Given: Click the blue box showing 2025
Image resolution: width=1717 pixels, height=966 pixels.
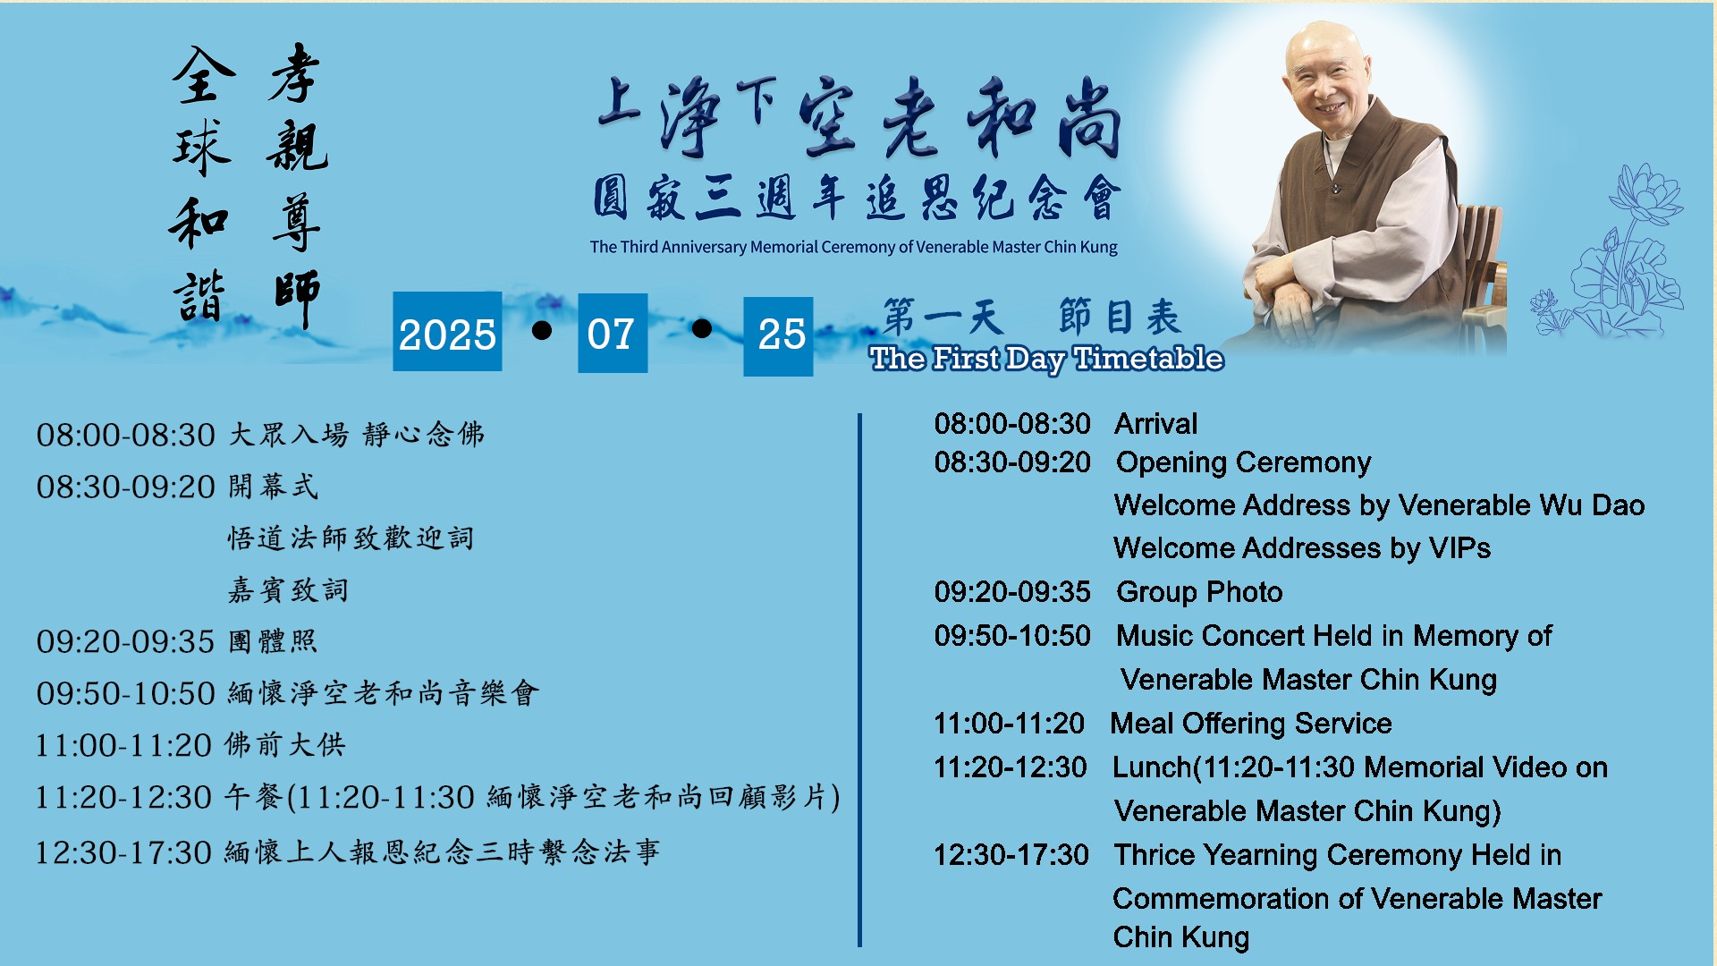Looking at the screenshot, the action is (x=447, y=332).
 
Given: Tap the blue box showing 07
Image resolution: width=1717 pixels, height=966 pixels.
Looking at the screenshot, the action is (x=613, y=333).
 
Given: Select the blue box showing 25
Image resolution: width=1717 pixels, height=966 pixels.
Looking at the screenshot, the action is (x=778, y=336).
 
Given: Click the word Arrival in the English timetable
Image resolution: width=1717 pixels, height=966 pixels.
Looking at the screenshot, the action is (x=1155, y=424).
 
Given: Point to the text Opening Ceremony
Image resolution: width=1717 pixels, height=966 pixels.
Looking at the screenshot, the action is (x=1243, y=462).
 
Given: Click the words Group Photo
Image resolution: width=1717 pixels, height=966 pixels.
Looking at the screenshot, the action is (x=1199, y=592).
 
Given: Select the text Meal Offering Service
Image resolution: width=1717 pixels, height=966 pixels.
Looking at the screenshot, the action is (x=1251, y=724).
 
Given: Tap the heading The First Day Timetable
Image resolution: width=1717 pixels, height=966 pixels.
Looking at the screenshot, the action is (x=1046, y=359).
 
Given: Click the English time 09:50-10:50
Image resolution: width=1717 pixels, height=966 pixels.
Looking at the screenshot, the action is (x=1012, y=636).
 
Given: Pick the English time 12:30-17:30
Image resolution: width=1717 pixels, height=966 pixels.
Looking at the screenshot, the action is (x=1011, y=855).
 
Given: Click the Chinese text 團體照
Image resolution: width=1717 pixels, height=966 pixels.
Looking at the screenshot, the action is (x=273, y=641).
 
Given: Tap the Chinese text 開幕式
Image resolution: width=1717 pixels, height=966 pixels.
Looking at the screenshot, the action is (x=273, y=487).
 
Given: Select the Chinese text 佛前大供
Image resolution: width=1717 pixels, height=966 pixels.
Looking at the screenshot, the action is (x=284, y=744).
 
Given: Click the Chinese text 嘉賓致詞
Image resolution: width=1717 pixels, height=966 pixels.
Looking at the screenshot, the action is (x=288, y=590).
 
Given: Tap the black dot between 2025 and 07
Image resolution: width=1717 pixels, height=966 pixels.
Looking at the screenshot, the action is (x=541, y=330).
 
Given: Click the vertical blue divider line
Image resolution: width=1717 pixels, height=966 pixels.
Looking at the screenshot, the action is (x=859, y=680).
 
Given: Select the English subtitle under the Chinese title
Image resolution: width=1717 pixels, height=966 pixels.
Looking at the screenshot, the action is (x=853, y=247).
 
